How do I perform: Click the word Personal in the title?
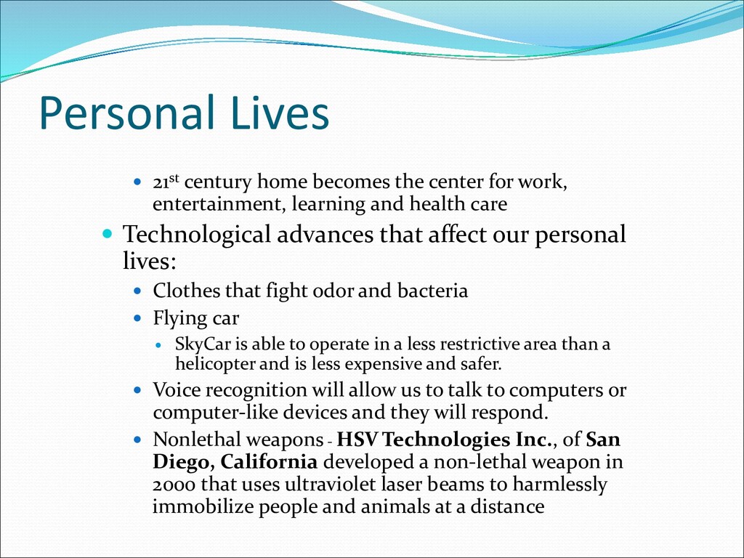126,113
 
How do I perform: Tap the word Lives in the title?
280,113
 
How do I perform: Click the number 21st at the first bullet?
166,181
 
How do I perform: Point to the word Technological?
196,235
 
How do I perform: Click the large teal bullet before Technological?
108,233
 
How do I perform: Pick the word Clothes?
187,291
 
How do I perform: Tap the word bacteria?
433,291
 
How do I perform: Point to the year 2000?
174,485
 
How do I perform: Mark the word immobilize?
203,506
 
